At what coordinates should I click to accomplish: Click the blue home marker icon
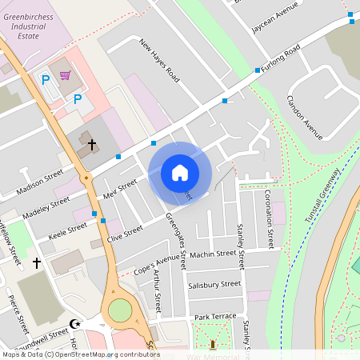180,173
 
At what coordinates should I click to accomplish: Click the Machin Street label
214,254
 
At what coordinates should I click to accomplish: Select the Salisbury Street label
214,284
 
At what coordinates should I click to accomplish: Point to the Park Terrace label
214,316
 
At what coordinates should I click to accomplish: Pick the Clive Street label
124,234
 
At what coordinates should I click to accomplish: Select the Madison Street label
39,181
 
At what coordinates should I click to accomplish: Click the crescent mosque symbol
76,323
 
